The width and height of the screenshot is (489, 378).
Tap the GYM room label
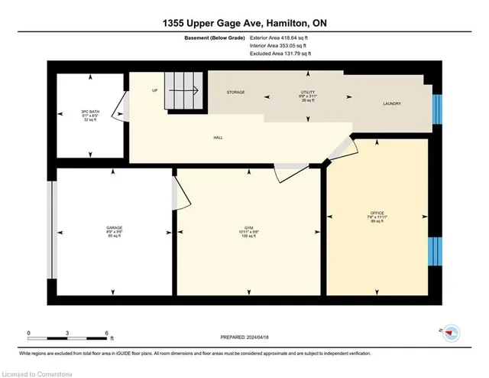[244, 228]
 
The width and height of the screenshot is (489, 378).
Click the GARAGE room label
[115, 228]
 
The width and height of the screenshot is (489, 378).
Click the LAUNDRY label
[391, 103]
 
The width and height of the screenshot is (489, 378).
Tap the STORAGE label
[235, 92]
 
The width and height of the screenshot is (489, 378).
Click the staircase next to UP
[186, 91]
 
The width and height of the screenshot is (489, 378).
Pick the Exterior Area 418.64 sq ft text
[281, 37]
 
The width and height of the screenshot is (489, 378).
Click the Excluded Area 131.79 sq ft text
[280, 54]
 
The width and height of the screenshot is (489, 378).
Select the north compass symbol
[452, 331]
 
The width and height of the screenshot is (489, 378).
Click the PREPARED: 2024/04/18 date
[244, 337]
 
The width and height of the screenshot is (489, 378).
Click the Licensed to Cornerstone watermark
[37, 372]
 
